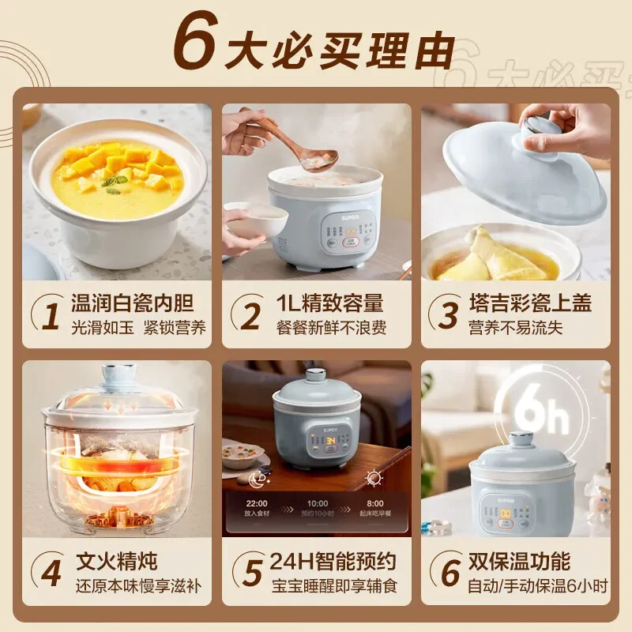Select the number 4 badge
click(51, 574)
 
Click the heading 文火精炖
click(116, 562)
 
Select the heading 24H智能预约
click(332, 562)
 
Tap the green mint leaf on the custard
click(113, 183)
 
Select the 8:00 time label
click(374, 502)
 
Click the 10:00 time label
click(317, 502)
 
